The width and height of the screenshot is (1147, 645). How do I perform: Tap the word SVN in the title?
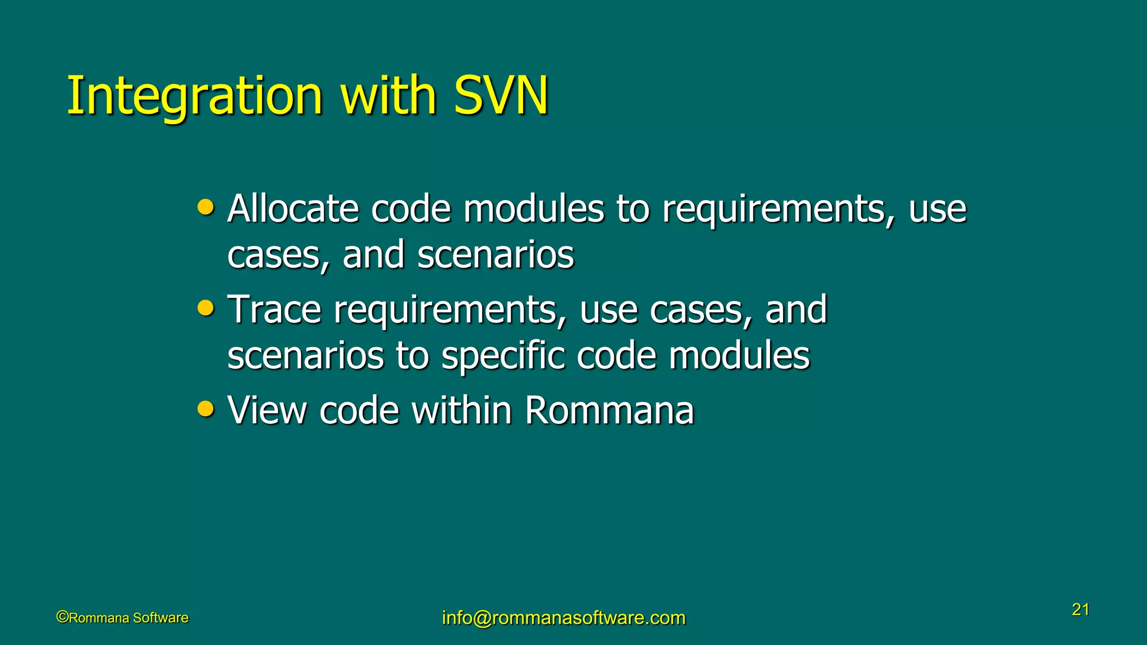pyautogui.click(x=501, y=96)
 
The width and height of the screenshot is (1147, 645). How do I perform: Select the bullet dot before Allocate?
pyautogui.click(x=206, y=208)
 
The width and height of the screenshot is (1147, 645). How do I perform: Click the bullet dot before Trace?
pyautogui.click(x=206, y=309)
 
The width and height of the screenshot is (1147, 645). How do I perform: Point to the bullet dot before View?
pyautogui.click(x=206, y=409)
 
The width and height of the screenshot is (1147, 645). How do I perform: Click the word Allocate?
pyautogui.click(x=293, y=209)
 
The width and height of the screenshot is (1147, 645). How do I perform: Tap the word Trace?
pyautogui.click(x=274, y=310)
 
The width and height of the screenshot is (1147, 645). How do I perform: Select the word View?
pyautogui.click(x=267, y=410)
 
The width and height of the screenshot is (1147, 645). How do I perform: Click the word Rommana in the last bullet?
pyautogui.click(x=609, y=410)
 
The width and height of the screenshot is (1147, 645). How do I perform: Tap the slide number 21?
pyautogui.click(x=1080, y=610)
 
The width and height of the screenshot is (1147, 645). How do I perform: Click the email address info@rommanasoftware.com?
pyautogui.click(x=563, y=618)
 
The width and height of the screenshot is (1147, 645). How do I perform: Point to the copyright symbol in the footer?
pyautogui.click(x=62, y=617)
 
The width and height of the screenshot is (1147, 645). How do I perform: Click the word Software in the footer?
pyautogui.click(x=161, y=618)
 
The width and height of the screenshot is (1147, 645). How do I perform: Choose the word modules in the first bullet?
pyautogui.click(x=534, y=209)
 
